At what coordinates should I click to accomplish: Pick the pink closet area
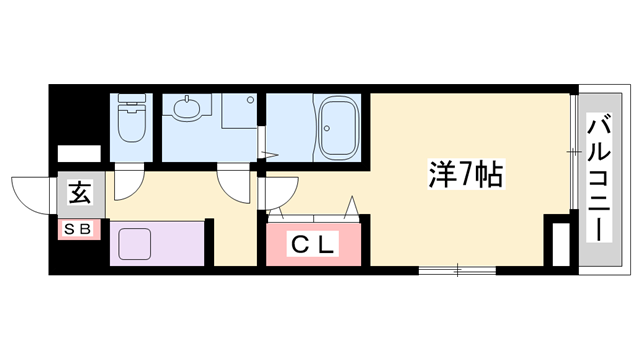click(315, 244)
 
